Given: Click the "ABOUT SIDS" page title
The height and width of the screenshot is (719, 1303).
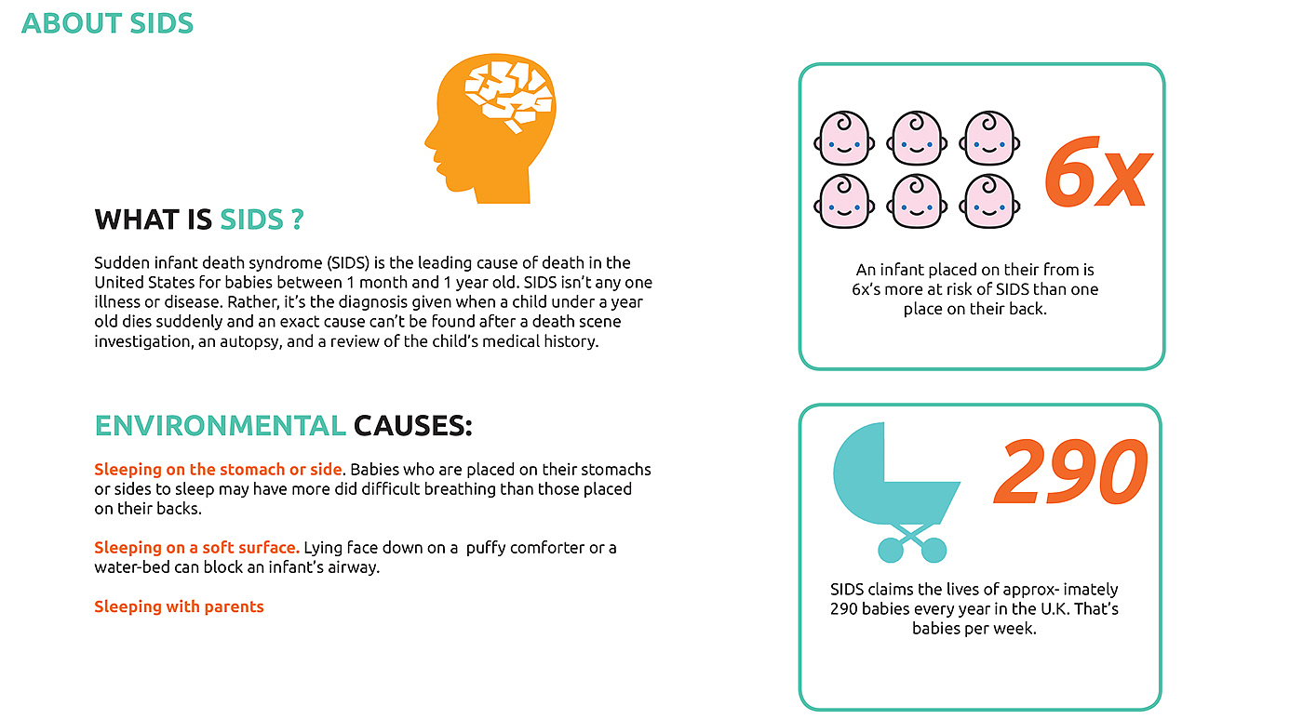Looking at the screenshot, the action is [x=107, y=22].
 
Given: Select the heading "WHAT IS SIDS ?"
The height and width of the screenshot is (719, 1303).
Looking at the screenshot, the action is [x=199, y=220].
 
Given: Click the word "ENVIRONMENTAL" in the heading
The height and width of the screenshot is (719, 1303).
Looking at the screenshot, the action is [x=221, y=426].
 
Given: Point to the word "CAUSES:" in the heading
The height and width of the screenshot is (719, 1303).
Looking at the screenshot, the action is [x=413, y=426].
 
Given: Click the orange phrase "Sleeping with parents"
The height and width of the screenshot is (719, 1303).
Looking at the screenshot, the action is [x=179, y=606].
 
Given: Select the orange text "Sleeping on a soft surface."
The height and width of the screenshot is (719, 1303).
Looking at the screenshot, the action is [x=196, y=548].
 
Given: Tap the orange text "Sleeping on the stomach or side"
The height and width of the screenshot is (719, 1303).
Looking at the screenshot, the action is [x=219, y=469].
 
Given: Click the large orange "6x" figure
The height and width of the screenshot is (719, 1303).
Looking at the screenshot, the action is [x=1096, y=172].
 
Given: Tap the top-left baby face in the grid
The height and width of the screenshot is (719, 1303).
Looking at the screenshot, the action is [x=844, y=139].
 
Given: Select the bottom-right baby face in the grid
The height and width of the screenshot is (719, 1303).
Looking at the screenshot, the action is [x=989, y=201].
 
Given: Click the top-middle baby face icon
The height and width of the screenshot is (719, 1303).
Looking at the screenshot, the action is [x=917, y=139].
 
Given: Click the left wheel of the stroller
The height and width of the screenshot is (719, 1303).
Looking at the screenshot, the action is [x=891, y=550].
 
